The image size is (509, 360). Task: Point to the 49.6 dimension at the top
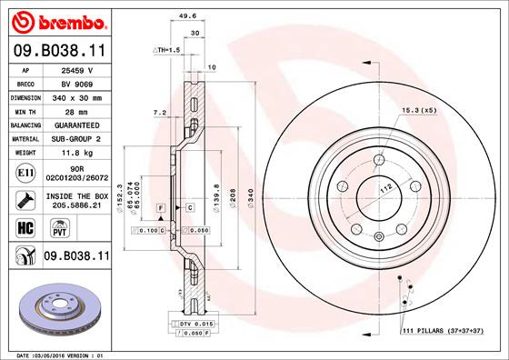click(190, 15)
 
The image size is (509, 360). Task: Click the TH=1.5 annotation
click(167, 50)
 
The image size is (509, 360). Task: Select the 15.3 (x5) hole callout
click(419, 111)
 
